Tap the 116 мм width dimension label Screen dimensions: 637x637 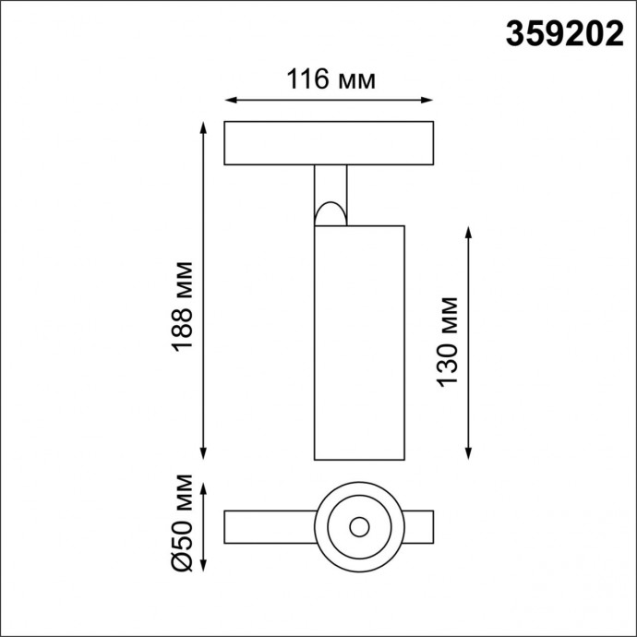[x=331, y=79]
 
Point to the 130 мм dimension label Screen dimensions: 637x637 [x=447, y=342]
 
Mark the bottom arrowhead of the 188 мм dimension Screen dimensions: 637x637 [x=203, y=453]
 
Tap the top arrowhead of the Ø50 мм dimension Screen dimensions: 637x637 [x=203, y=487]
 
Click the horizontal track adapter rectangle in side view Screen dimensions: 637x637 [x=330, y=143]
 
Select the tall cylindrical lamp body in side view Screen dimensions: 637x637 [x=359, y=342]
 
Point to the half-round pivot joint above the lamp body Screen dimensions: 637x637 [x=330, y=214]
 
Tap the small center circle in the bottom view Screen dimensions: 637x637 [x=359, y=527]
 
